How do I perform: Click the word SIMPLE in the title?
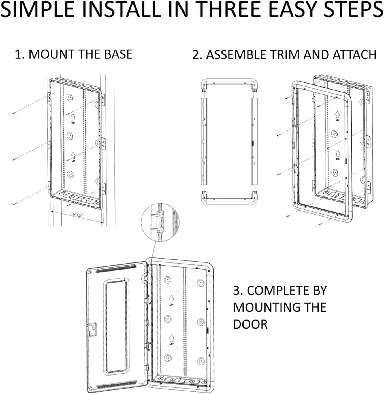[38, 10]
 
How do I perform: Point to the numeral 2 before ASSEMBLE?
[196, 55]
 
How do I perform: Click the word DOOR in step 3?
[250, 324]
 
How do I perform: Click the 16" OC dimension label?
[77, 215]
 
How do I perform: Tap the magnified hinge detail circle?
[160, 222]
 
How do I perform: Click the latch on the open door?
[92, 329]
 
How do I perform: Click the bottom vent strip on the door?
[117, 384]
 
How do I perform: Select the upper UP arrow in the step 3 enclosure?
[171, 300]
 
